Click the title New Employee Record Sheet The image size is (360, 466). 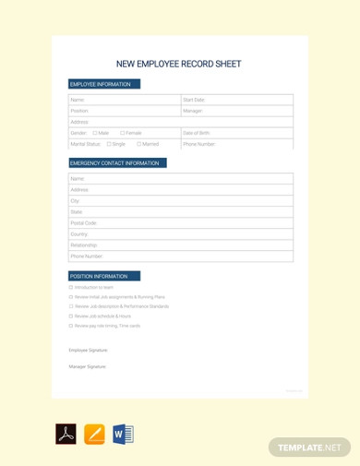click(x=178, y=65)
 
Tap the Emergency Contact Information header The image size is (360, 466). click(x=114, y=163)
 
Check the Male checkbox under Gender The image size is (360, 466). click(x=95, y=133)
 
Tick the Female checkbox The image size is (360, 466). click(x=123, y=133)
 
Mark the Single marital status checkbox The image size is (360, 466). click(x=109, y=144)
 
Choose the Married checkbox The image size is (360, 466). click(x=139, y=144)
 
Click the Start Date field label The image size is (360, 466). click(x=194, y=100)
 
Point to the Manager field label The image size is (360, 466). click(x=193, y=111)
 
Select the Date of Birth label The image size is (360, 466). click(x=197, y=133)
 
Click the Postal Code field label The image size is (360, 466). click(x=84, y=223)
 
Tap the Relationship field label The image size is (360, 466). click(x=85, y=245)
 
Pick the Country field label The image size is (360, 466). click(x=79, y=234)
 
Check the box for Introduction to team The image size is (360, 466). click(x=71, y=288)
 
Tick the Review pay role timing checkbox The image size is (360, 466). click(x=71, y=326)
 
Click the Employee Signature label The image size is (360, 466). click(x=89, y=351)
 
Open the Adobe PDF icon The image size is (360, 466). click(x=66, y=435)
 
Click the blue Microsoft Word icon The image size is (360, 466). click(x=123, y=435)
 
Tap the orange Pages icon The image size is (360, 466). click(x=94, y=435)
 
